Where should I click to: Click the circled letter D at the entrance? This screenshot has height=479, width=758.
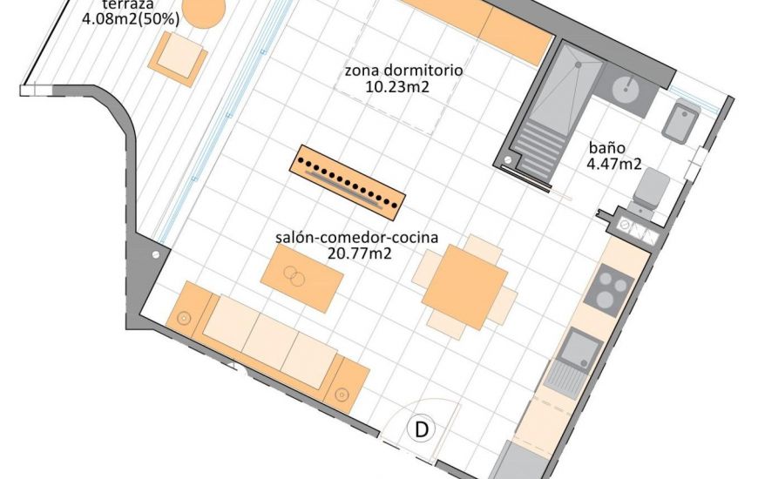[x=422, y=429]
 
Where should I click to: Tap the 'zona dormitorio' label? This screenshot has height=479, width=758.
[x=403, y=71]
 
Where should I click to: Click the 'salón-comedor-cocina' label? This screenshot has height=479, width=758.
[x=356, y=238]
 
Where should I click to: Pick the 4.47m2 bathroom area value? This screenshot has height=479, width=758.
[x=613, y=163]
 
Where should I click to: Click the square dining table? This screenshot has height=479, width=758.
[x=464, y=287]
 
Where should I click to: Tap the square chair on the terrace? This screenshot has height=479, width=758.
[x=179, y=57]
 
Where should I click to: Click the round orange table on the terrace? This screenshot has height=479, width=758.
[x=201, y=10]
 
